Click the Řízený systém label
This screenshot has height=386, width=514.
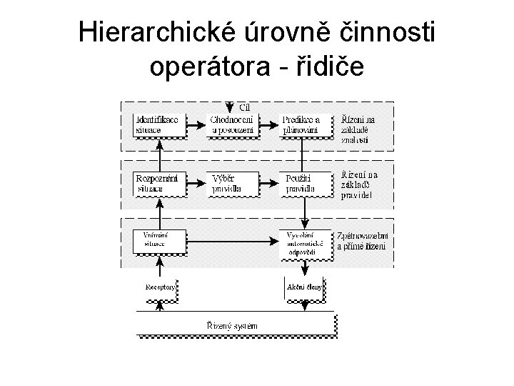point(233,325)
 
